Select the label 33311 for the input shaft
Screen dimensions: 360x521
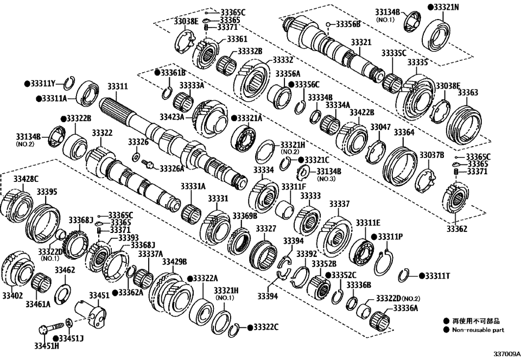coord(117,87)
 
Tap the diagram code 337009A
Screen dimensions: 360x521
coord(506,353)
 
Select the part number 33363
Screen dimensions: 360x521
coord(467,93)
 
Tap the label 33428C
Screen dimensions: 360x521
coord(26,179)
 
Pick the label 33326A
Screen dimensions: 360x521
coord(171,168)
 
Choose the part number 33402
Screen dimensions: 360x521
coord(11,296)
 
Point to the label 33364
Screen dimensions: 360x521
coord(404,132)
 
